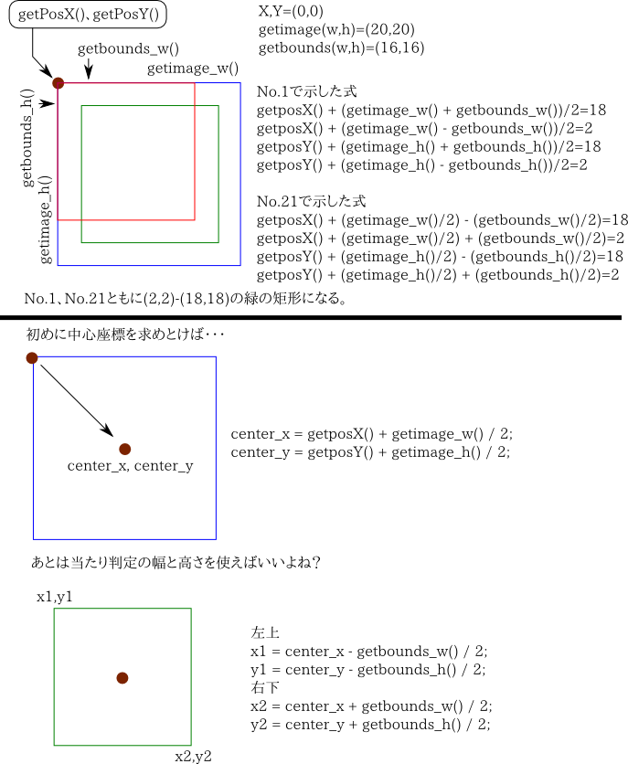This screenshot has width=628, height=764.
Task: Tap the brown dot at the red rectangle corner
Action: click(x=59, y=83)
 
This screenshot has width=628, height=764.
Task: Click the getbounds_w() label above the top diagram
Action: click(x=128, y=49)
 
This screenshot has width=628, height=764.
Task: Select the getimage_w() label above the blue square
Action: click(x=193, y=69)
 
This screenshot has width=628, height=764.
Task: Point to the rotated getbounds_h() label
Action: click(x=27, y=138)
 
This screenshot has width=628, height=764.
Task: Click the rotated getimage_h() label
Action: click(x=45, y=219)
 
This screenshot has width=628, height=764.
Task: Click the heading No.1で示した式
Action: click(x=307, y=92)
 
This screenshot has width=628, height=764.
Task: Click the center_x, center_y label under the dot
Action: click(x=131, y=466)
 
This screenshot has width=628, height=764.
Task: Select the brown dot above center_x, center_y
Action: click(x=125, y=449)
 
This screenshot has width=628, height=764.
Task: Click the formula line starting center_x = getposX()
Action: click(x=370, y=433)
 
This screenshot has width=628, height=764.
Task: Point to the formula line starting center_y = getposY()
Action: click(x=370, y=451)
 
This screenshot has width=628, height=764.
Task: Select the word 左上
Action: click(x=264, y=632)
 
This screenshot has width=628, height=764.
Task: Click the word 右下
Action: click(x=264, y=687)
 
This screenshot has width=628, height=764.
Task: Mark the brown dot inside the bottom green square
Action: click(x=122, y=677)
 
